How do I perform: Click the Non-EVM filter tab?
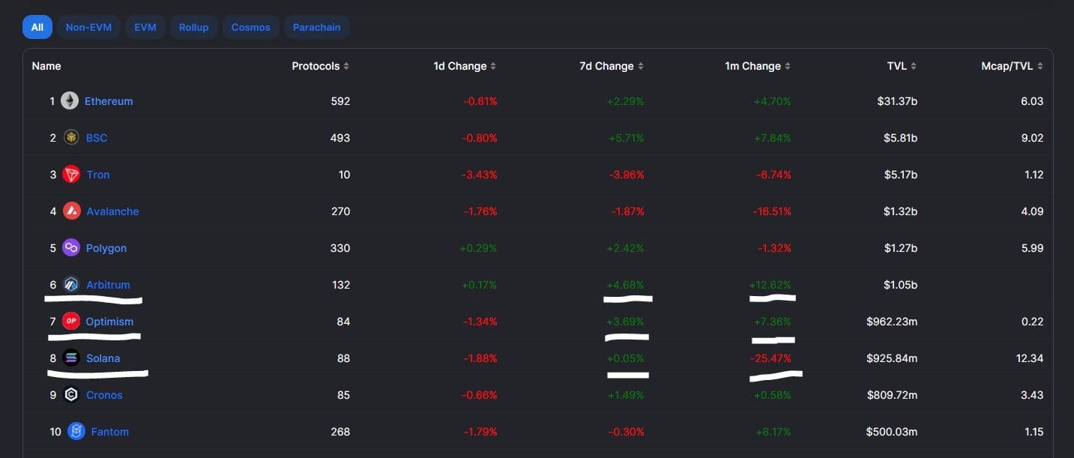88,27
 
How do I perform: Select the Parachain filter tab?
316,27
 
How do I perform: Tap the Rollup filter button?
193,27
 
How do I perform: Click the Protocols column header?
316,66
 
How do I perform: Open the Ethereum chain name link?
109,101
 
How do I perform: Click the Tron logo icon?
71,175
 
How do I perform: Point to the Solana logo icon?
71,358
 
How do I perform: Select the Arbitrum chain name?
108,285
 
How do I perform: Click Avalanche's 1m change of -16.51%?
772,211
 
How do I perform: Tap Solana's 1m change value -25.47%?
770,358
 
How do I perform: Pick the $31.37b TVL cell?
897,101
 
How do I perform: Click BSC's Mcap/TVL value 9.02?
1031,138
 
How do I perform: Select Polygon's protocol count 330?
340,248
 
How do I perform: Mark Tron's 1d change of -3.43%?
480,175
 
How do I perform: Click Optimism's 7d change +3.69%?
625,322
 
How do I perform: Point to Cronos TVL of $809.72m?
892,395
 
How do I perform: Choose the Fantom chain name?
109,432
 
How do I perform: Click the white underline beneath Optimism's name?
94,337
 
